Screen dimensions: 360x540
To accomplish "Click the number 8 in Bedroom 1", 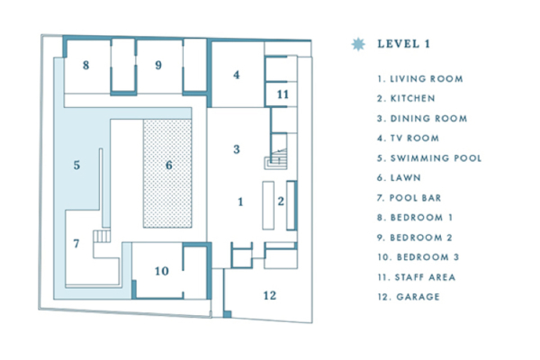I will pyautogui.click(x=85, y=65).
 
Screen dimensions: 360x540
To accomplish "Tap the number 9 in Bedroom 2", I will pyautogui.click(x=157, y=65).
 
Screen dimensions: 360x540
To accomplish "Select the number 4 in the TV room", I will pyautogui.click(x=237, y=75).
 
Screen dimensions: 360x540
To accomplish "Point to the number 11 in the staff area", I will pyautogui.click(x=282, y=94).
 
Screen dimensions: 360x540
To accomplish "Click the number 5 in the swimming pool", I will pyautogui.click(x=77, y=165).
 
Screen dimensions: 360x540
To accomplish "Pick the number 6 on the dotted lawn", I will pyautogui.click(x=167, y=165).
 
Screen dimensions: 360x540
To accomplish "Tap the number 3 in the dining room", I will pyautogui.click(x=237, y=149).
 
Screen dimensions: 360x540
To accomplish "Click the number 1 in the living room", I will pyautogui.click(x=240, y=202).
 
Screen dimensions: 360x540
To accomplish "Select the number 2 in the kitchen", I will pyautogui.click(x=281, y=202).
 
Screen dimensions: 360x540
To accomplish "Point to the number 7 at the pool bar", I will pyautogui.click(x=76, y=243).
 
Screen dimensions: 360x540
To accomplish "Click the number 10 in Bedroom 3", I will pyautogui.click(x=161, y=271).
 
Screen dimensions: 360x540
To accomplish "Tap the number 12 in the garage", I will pyautogui.click(x=270, y=294).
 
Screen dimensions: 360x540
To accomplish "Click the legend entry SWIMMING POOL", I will pyautogui.click(x=430, y=158).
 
